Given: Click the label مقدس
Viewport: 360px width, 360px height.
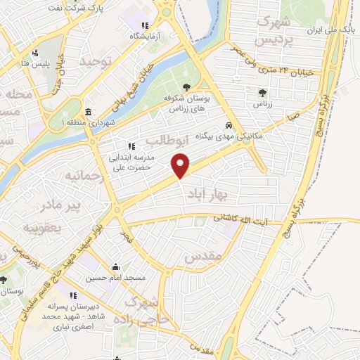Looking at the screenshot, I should coord(204,257).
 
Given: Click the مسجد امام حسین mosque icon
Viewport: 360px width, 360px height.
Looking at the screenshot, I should coord(115,267).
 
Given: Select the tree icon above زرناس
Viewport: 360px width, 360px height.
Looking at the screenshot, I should coord(262,92).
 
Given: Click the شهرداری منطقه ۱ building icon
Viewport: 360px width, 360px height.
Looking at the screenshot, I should coord(87,112).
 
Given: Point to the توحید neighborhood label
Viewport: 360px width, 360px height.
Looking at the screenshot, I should coord(96,63).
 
